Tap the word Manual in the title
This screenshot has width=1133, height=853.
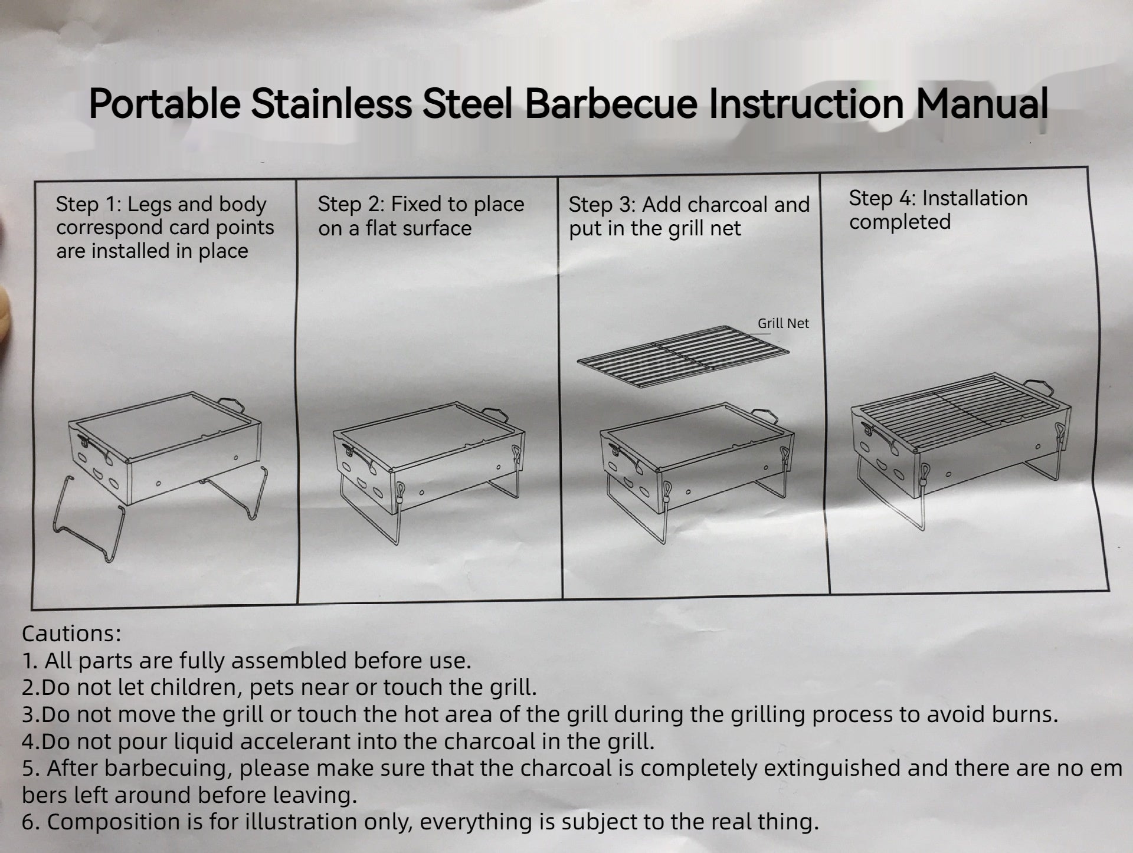[x=982, y=103]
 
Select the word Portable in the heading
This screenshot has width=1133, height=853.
[x=165, y=103]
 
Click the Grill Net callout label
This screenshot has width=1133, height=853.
[x=783, y=323]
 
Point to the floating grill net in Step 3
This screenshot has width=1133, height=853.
[x=683, y=357]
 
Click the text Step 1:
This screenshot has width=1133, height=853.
[x=89, y=204]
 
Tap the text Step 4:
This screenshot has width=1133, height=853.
[x=882, y=198]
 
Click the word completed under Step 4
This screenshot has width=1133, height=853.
[x=900, y=222]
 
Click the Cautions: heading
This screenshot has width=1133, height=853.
[x=71, y=634]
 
